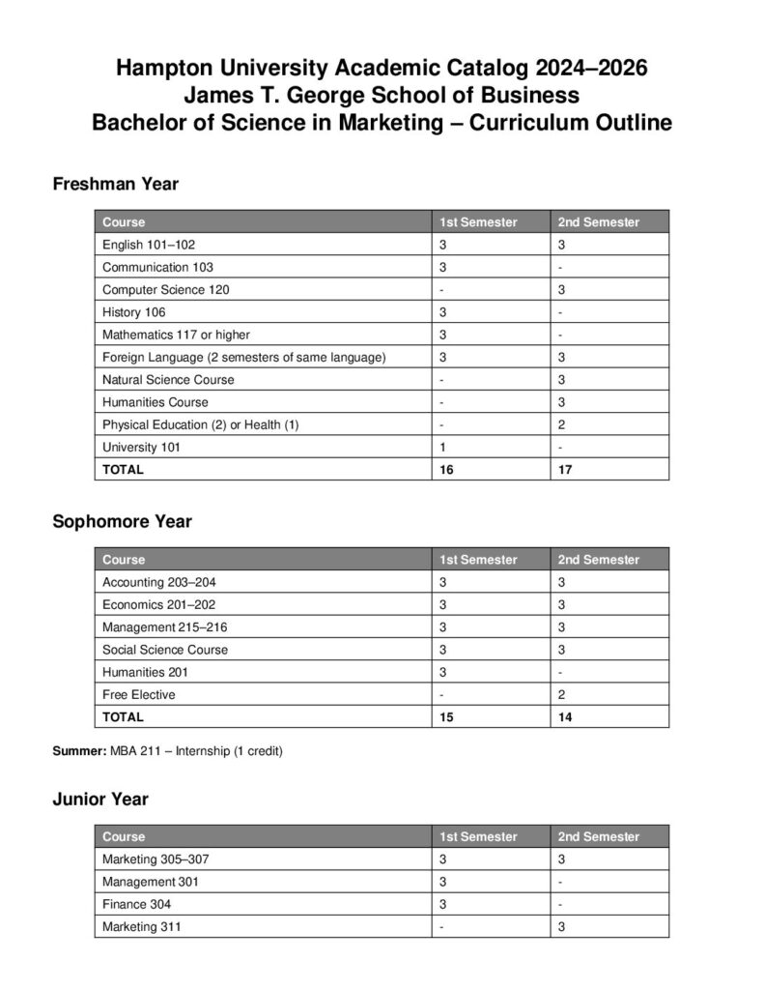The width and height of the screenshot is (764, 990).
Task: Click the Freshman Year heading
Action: [115, 184]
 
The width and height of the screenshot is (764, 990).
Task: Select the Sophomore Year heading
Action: [122, 521]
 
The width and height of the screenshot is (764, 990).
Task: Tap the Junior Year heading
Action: [100, 799]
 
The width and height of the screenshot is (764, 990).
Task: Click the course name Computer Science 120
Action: [165, 290]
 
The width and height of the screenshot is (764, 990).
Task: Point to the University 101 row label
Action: [141, 447]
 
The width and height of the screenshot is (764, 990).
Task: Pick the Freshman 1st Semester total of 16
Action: [446, 470]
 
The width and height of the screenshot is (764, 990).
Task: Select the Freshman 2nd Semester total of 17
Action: [565, 470]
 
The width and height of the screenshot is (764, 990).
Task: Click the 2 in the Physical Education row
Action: [561, 424]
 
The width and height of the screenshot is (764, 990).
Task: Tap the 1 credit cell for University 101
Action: [442, 447]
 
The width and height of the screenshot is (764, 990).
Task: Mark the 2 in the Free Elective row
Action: [561, 694]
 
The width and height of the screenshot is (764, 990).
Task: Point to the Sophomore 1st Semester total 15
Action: [446, 717]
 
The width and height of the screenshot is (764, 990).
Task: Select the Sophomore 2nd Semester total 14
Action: [565, 717]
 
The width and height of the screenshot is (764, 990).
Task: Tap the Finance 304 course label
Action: [137, 904]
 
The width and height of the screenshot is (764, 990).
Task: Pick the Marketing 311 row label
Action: [141, 926]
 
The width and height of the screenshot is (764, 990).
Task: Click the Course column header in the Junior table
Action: [124, 836]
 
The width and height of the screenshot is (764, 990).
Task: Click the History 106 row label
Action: [134, 312]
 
